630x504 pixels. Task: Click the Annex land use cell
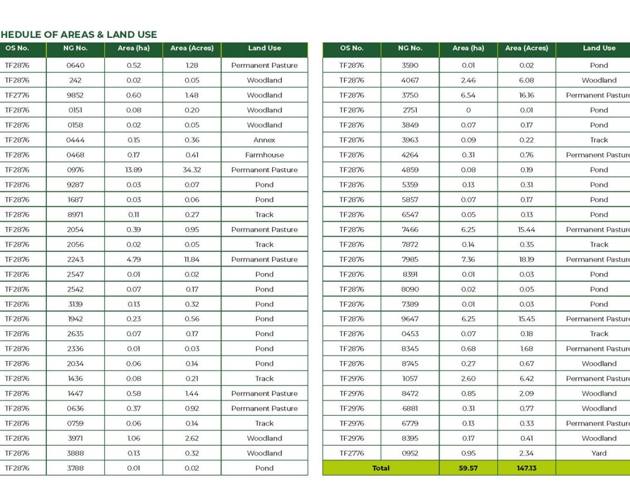tap(264, 140)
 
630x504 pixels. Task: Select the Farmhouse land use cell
tap(264, 155)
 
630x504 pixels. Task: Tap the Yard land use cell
tap(598, 453)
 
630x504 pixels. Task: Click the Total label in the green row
tap(381, 468)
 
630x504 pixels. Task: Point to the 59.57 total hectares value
tap(468, 468)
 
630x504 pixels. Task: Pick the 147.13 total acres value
tap(526, 468)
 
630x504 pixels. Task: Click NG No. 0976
tap(75, 170)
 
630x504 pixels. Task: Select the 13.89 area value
tap(133, 170)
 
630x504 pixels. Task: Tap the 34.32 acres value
tap(192, 170)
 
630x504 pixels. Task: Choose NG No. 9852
tap(75, 95)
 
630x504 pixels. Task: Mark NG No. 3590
tap(409, 66)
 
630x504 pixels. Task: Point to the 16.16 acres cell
tap(526, 95)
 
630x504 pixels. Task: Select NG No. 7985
tap(409, 259)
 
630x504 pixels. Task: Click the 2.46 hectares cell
tap(468, 80)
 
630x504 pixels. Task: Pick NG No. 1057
tap(409, 379)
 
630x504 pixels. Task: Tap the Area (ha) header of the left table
tap(133, 48)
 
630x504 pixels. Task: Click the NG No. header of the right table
tap(409, 48)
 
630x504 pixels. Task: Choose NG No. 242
tap(75, 80)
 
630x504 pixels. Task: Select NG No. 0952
tap(409, 453)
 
